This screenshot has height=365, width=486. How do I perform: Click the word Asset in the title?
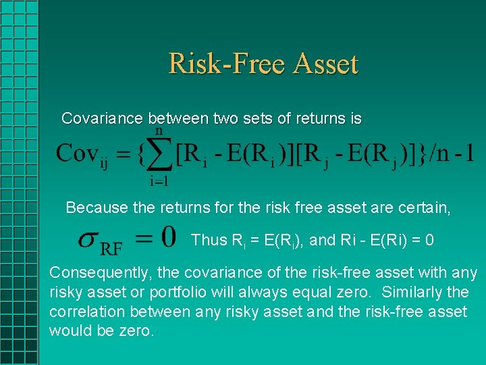point(325,64)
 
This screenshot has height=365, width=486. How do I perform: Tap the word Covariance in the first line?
point(102,119)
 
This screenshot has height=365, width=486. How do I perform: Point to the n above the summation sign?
point(159,130)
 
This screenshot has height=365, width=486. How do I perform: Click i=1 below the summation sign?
point(159,181)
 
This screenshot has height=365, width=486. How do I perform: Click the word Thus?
point(209,240)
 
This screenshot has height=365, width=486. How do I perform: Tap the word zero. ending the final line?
point(137,331)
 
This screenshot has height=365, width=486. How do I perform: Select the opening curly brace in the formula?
point(141,153)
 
